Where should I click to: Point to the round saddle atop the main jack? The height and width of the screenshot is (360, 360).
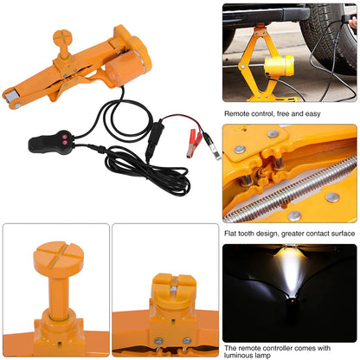tap(63, 39)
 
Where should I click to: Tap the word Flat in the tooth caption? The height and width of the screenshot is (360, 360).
tap(231, 232)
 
